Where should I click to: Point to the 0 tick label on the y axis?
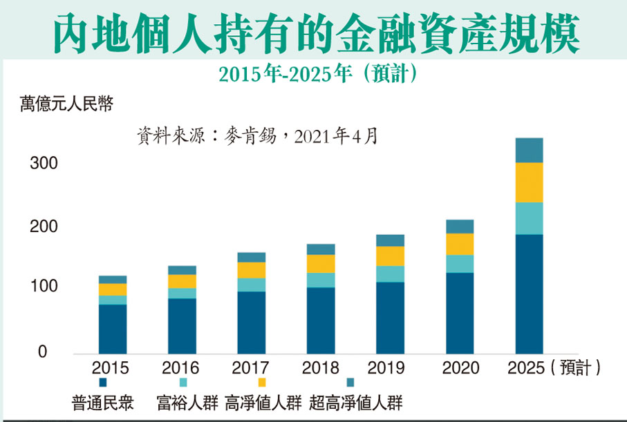click(42, 352)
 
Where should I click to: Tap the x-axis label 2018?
click(321, 368)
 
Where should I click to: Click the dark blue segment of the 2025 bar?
click(529, 294)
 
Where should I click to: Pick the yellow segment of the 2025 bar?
click(529, 182)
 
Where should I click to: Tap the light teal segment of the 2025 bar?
click(529, 218)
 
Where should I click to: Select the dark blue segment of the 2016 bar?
click(182, 325)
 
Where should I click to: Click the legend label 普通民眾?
click(102, 402)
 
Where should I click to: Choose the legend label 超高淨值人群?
click(356, 402)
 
